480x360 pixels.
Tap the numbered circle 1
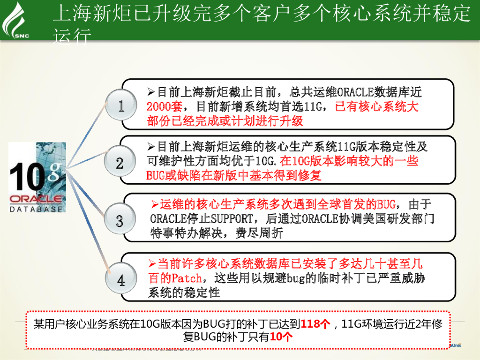click(121, 106)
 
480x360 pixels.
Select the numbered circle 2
click(120, 163)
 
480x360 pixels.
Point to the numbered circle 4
click(121, 281)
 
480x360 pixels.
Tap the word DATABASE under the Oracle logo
click(36, 209)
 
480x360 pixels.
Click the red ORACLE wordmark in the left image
click(36, 198)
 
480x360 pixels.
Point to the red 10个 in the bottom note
click(282, 337)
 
